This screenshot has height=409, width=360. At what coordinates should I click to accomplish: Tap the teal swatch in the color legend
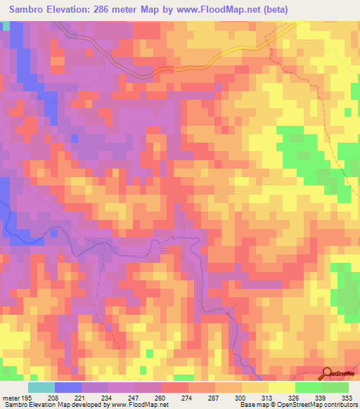click(x=41, y=387)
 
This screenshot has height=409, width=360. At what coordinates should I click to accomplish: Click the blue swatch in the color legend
click(x=68, y=387)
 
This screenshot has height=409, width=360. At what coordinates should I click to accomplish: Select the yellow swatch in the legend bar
click(x=282, y=387)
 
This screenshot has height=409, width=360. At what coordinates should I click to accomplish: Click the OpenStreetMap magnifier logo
click(x=327, y=375)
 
